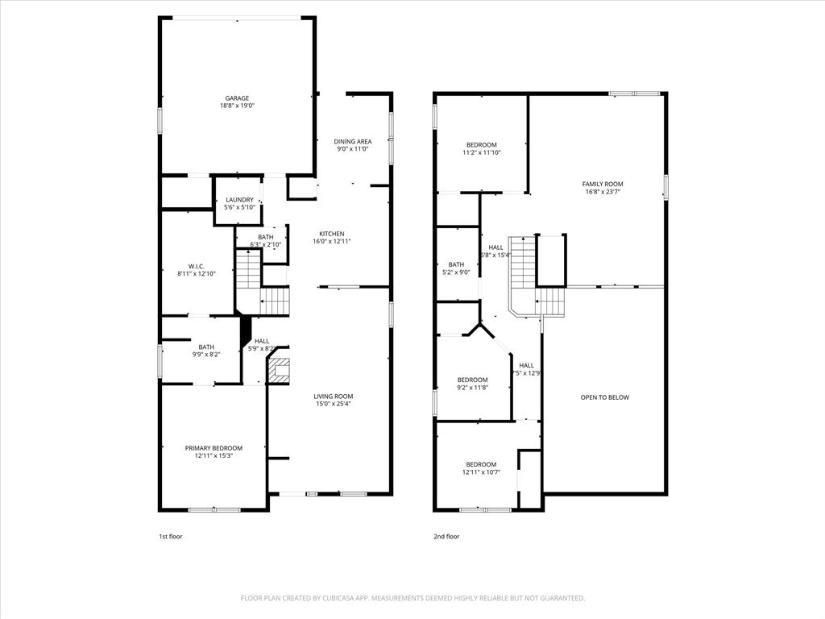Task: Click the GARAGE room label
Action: [x=237, y=98]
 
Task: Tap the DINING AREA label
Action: [x=353, y=142]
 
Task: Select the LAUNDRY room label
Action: [x=239, y=200]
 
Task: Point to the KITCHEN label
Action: [x=330, y=234]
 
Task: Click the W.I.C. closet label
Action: [x=197, y=266]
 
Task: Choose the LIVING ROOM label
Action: [x=334, y=396]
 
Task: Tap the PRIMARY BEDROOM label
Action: [x=214, y=448]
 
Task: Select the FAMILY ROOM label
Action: [x=603, y=185]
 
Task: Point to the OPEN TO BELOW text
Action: [x=604, y=397]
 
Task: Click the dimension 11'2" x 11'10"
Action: [x=482, y=152]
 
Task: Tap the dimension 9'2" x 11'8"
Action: [x=472, y=388]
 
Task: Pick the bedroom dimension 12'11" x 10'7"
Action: [x=481, y=472]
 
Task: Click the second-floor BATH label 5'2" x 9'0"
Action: [x=456, y=264]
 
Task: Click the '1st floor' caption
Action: [x=170, y=536]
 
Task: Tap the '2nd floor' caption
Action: [x=446, y=536]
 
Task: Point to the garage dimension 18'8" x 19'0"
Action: [x=237, y=106]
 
